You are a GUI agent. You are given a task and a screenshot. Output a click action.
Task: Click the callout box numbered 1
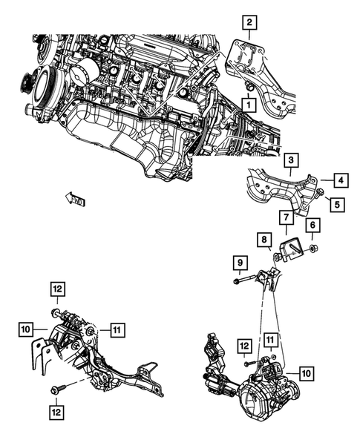(243, 106)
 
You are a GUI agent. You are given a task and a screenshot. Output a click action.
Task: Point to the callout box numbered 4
(338, 180)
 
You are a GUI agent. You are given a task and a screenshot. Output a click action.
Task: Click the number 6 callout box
(314, 225)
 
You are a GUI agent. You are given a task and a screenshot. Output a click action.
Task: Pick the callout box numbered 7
(284, 217)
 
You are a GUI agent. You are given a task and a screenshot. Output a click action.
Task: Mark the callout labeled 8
(264, 238)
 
